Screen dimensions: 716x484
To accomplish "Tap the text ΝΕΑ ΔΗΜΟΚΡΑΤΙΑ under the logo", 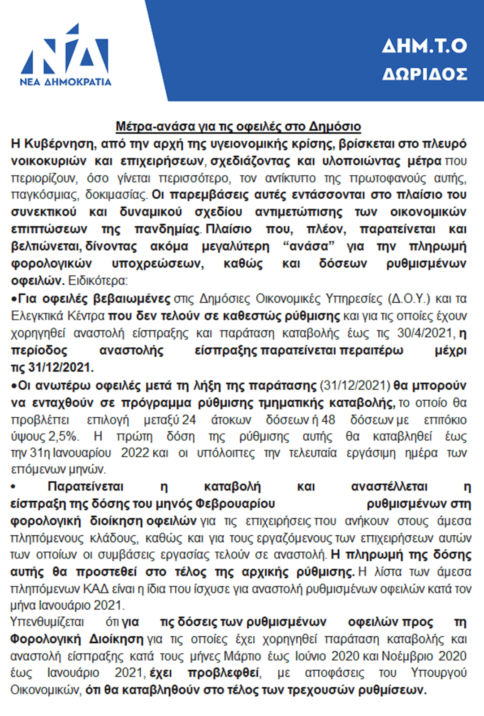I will tap(65, 82).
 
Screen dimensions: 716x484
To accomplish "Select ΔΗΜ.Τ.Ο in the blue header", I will tap(424, 46).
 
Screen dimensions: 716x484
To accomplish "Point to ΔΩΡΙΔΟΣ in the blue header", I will tap(424, 74).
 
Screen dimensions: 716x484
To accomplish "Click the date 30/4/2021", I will tap(425, 333).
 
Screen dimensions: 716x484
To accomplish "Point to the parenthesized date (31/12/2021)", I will tap(355, 385).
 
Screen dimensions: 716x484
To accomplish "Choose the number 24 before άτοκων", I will tap(189, 420).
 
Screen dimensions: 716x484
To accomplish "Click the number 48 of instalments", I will tap(328, 420).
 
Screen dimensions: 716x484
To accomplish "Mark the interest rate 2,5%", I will tap(63, 437).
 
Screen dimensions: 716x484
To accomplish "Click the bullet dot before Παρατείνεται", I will tap(13, 487).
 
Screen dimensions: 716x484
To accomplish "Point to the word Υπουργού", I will tap(439, 673).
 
